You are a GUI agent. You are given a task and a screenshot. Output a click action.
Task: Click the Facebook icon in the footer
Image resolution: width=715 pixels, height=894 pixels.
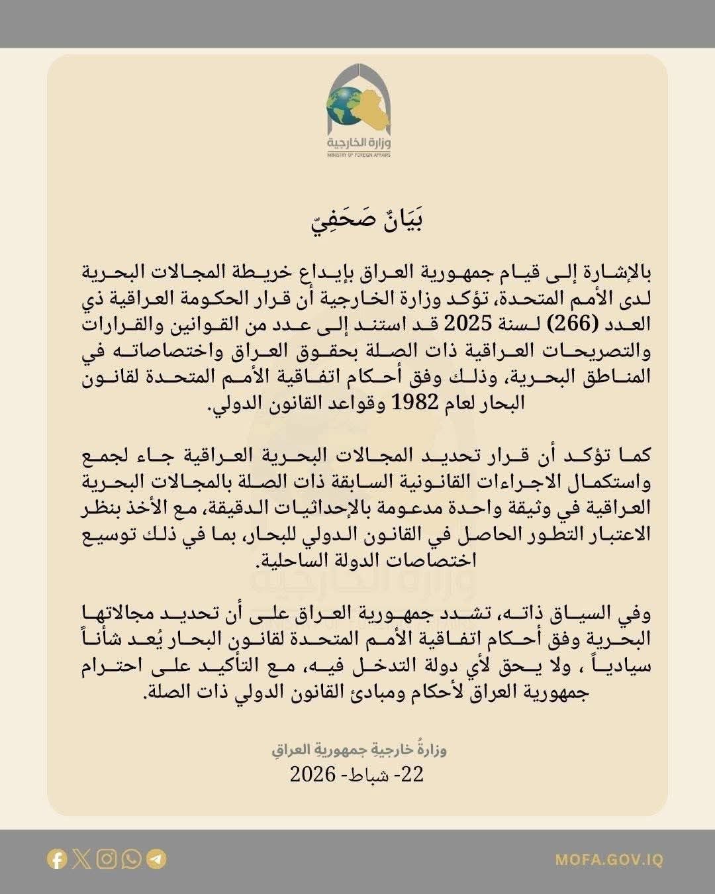tap(58, 860)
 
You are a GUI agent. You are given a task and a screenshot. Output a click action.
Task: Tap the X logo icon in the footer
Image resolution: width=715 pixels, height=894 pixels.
tap(82, 860)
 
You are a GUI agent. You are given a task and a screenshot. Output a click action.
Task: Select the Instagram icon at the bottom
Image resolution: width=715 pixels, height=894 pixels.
tap(107, 860)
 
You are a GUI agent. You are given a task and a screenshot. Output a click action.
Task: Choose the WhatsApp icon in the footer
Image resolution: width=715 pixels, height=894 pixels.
tap(132, 860)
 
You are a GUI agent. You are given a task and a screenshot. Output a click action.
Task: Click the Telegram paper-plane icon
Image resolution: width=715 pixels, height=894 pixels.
tap(156, 860)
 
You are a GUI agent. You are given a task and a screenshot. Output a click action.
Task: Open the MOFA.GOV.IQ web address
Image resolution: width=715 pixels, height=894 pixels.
tap(608, 860)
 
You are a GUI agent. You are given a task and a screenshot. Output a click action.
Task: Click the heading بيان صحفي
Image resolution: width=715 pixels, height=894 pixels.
tap(367, 221)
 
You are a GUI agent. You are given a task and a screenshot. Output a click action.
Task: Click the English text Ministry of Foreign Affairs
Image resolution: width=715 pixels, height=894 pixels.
tap(358, 155)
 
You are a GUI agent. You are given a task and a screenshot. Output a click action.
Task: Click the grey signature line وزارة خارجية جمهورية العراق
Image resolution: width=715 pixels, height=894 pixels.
tap(359, 751)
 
